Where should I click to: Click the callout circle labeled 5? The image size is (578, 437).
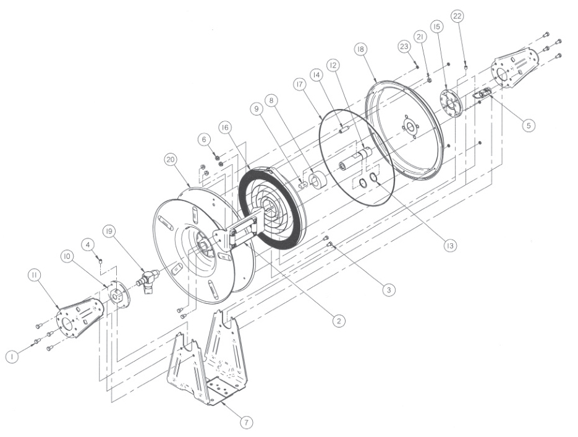527,124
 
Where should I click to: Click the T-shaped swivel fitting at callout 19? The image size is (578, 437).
147,280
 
